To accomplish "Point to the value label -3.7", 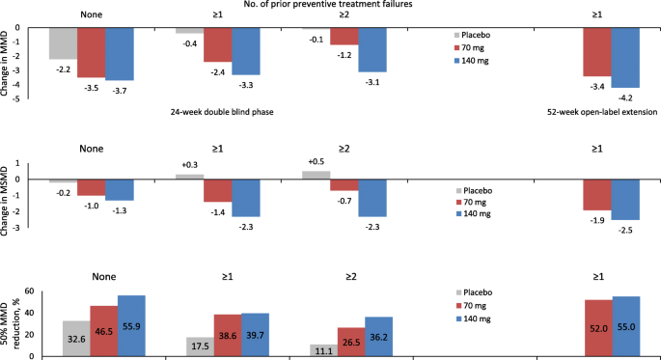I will [120, 89].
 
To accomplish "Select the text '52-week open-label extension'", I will [598, 112].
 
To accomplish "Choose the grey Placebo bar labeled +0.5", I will [316, 176].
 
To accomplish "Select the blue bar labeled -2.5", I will [625, 200].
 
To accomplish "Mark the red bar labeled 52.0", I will [597, 328].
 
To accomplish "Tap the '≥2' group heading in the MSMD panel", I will [344, 149].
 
